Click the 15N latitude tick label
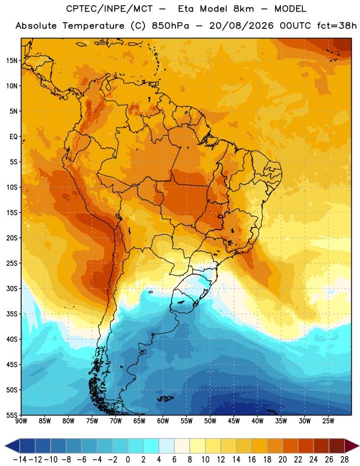(12, 61)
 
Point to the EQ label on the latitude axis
(13, 137)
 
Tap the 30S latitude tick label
(12, 288)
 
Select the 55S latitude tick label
(12, 415)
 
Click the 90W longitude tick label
(21, 421)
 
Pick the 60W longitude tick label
(163, 421)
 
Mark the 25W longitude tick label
(329, 421)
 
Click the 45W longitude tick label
(234, 421)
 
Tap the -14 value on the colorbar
(20, 460)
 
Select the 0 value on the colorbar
(128, 460)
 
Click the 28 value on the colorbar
(344, 460)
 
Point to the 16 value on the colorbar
(252, 460)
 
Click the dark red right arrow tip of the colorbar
(358, 446)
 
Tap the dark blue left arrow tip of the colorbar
(5, 446)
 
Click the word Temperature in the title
(93, 26)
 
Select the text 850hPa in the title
(170, 26)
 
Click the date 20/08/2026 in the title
(241, 26)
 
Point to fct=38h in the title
(337, 26)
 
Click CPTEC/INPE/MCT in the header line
(110, 9)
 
